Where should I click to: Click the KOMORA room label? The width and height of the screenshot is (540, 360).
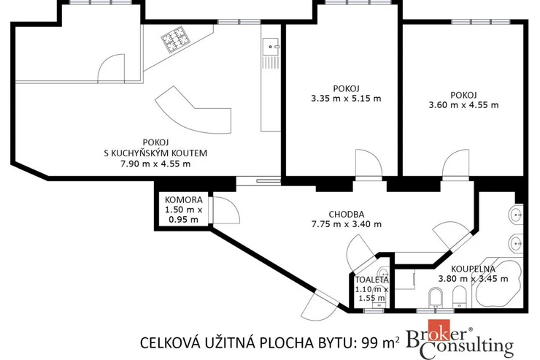coord(184,200)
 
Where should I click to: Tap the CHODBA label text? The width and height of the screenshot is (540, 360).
coord(347,214)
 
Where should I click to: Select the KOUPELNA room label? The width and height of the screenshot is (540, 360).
coord(473,269)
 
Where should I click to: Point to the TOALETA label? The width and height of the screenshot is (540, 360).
coord(372,280)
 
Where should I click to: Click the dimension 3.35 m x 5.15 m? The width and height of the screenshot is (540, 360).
coord(346,99)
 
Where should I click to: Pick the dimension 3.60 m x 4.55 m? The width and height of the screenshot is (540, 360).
coord(463,104)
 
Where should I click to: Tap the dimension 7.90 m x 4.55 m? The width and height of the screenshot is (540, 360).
coord(155,164)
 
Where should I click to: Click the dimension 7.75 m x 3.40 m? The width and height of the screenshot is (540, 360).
coord(347,224)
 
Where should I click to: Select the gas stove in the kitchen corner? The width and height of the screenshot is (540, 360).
coord(176,39)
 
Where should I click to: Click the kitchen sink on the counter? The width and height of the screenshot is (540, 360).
coord(271,46)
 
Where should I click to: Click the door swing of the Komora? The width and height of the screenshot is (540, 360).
coord(226,210)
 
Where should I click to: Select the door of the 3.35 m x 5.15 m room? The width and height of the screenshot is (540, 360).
coord(369,163)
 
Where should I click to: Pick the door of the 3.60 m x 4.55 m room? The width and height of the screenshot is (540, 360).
coord(456,163)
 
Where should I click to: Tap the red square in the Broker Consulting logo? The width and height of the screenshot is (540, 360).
coord(439,330)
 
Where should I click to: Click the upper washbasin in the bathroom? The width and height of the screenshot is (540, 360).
coord(516,215)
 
